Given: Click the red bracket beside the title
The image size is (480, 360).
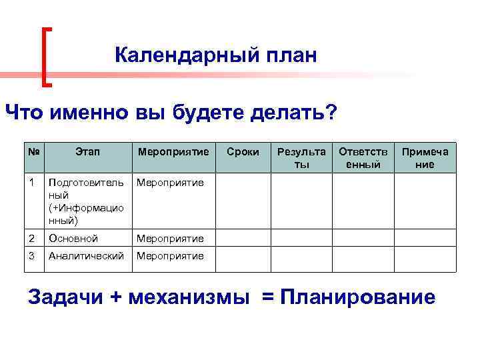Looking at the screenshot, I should pyautogui.click(x=47, y=57).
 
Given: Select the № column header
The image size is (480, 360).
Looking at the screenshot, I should pyautogui.click(x=34, y=153).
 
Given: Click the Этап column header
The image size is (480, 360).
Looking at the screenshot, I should pyautogui.click(x=87, y=153).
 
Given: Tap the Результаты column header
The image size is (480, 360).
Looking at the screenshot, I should pyautogui.click(x=301, y=158).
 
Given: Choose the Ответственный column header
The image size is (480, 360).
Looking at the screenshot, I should pyautogui.click(x=363, y=158).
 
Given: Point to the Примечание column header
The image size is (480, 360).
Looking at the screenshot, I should pyautogui.click(x=425, y=158).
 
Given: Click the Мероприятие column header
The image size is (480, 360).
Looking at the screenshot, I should pyautogui.click(x=173, y=153).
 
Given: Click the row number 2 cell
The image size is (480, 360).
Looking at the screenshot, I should pyautogui.click(x=33, y=238).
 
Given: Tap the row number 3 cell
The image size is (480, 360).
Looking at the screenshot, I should pyautogui.click(x=33, y=255).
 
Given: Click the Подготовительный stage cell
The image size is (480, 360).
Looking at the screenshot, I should pyautogui.click(x=86, y=201).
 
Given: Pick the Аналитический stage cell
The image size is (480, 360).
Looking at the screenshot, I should pyautogui.click(x=86, y=255).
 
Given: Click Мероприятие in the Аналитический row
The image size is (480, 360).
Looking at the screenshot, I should pyautogui.click(x=171, y=255).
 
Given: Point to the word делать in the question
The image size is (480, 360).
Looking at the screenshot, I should pyautogui.click(x=291, y=112).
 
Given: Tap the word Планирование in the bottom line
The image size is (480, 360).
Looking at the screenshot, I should pyautogui.click(x=359, y=297).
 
